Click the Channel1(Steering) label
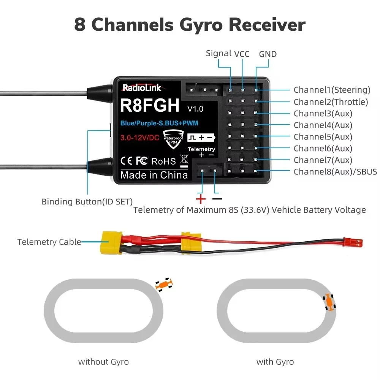point(332,90)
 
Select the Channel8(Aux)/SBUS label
point(335,172)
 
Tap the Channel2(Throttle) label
point(331,102)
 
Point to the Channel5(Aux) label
point(323,137)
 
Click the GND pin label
point(268,54)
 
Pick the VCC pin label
point(242,54)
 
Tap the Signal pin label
point(218,53)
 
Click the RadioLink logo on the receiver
point(142,88)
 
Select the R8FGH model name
point(149,106)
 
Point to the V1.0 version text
point(195,109)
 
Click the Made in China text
point(154,175)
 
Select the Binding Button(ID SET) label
point(87,201)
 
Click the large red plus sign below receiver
point(200,199)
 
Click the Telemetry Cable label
point(49,242)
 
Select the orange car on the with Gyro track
point(329,302)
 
